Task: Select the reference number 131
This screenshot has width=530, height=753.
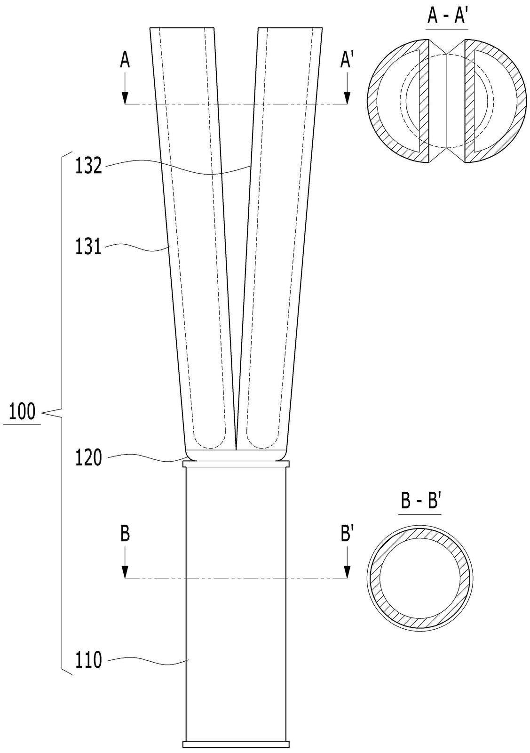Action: (88, 247)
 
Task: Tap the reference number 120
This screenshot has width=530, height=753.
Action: (88, 457)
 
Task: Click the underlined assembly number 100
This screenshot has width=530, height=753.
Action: (22, 411)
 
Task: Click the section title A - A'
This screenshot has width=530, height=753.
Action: (447, 16)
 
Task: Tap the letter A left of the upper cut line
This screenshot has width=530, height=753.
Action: (125, 61)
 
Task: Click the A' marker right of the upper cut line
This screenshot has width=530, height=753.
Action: (346, 61)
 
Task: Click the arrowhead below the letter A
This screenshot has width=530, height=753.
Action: (125, 97)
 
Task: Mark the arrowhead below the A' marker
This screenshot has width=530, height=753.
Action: (347, 97)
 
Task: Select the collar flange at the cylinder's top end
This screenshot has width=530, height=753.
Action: (236, 464)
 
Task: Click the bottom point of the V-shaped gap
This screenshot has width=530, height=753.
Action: (236, 449)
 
